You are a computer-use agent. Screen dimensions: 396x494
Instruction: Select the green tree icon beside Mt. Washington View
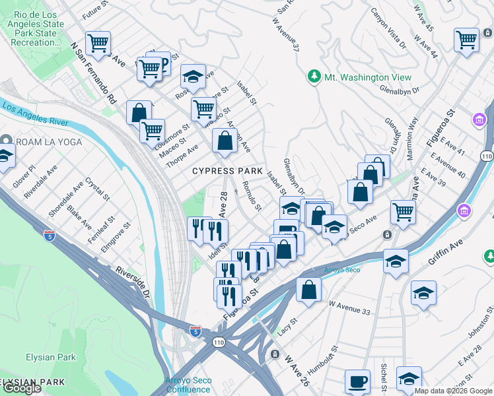[x=315, y=77]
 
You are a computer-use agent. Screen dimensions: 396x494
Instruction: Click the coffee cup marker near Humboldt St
[x=357, y=381]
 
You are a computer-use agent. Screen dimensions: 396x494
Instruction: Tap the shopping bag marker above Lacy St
[x=308, y=289]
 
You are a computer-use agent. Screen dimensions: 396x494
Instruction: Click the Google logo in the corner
[x=22, y=388]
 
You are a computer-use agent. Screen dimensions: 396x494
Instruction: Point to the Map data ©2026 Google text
[x=453, y=391]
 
